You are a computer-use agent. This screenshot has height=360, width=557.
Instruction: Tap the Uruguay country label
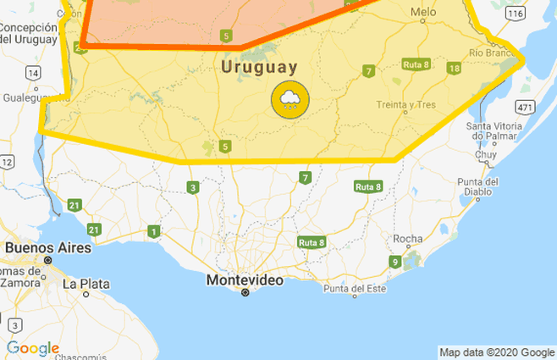point(259,67)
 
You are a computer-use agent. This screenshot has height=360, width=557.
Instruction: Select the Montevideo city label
point(245,279)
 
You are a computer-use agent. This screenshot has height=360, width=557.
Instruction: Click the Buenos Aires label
point(42,247)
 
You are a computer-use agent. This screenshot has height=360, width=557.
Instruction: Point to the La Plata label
point(85,283)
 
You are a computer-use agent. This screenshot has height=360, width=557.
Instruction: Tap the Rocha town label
point(407,239)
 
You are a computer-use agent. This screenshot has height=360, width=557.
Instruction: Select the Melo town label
point(422,12)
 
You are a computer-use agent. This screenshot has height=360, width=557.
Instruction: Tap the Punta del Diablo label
point(478,186)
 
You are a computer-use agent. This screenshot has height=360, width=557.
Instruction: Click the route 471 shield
point(526,107)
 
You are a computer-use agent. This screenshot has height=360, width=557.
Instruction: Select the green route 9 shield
point(394,262)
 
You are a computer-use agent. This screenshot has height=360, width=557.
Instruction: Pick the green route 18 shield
point(455,68)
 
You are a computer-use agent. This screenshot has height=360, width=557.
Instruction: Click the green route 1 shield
point(153,231)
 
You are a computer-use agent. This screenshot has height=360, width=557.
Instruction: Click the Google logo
point(33,348)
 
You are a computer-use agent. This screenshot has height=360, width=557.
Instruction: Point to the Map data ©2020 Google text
point(497,352)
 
